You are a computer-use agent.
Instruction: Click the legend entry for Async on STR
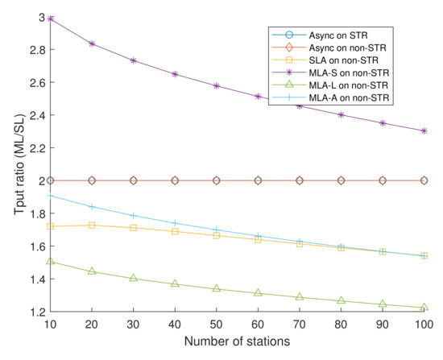tap(339, 34)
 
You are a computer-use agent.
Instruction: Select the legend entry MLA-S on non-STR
tap(347, 70)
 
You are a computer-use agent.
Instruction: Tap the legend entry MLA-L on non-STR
tap(347, 82)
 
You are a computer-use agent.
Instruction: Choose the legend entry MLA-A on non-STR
tap(347, 94)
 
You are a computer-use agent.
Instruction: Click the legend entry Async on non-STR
tap(347, 46)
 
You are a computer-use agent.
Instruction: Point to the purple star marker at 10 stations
tap(50, 18)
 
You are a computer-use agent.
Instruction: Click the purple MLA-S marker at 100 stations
tap(424, 130)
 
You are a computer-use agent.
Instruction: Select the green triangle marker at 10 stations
tap(50, 261)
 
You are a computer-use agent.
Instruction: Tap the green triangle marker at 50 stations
tap(216, 288)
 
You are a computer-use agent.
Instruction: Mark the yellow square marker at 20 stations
tap(92, 225)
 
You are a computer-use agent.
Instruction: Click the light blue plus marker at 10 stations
tap(50, 195)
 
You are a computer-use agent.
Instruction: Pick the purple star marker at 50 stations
tap(216, 85)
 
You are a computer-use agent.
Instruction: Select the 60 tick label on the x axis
tap(258, 325)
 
